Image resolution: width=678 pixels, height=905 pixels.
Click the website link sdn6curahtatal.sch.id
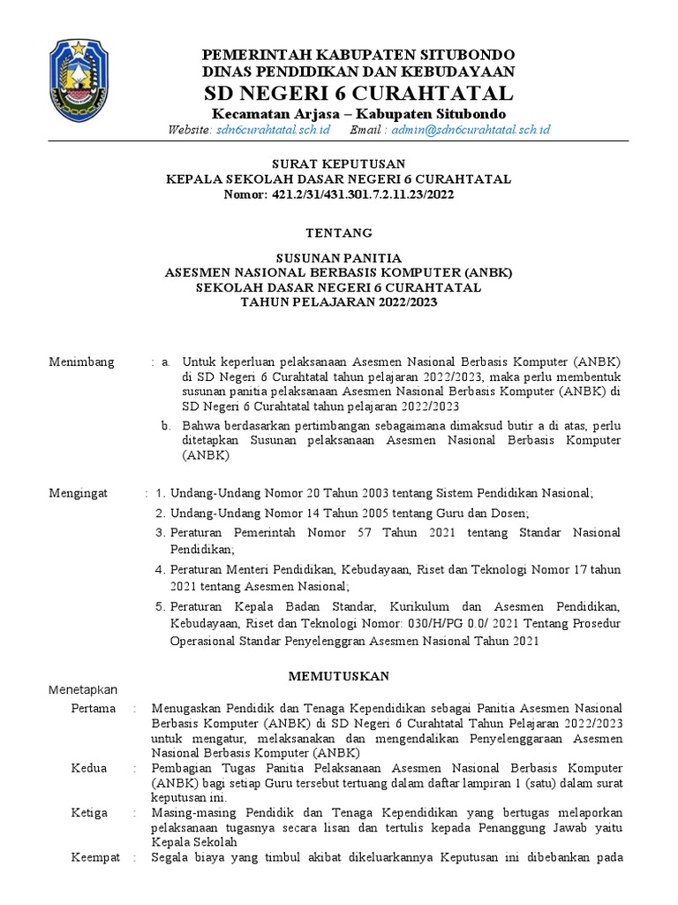(x=273, y=130)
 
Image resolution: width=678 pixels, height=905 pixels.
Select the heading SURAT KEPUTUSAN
(x=338, y=164)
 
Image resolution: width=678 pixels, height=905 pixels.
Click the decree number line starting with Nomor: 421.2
(x=339, y=194)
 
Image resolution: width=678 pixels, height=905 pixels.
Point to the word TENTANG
(x=338, y=233)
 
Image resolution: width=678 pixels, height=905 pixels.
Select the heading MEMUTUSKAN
(x=339, y=676)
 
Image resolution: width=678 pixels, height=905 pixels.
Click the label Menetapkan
(x=87, y=689)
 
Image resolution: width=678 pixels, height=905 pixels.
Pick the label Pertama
(x=92, y=708)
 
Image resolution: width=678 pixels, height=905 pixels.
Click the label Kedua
(x=88, y=768)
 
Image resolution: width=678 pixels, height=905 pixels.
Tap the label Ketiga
(x=90, y=812)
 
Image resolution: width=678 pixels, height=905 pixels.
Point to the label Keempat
(x=96, y=857)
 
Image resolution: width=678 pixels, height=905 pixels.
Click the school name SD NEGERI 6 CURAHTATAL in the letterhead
(x=358, y=93)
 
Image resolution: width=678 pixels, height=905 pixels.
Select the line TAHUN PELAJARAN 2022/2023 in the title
(x=339, y=302)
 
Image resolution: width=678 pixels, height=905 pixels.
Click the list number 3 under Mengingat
(x=160, y=533)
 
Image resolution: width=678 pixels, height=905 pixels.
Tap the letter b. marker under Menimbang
(x=165, y=425)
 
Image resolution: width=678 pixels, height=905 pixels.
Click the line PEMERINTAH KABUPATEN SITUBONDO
(x=358, y=54)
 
